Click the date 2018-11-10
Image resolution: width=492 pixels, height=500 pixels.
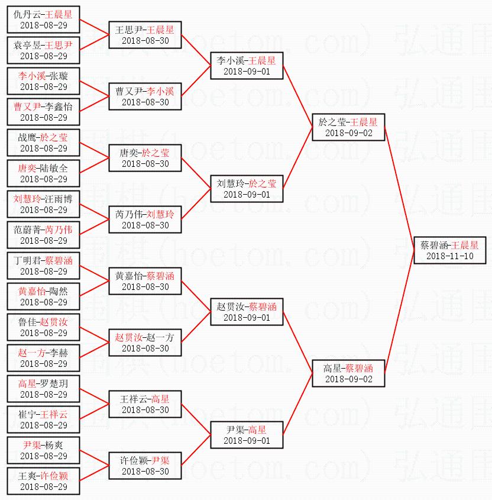pos(449,256)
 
